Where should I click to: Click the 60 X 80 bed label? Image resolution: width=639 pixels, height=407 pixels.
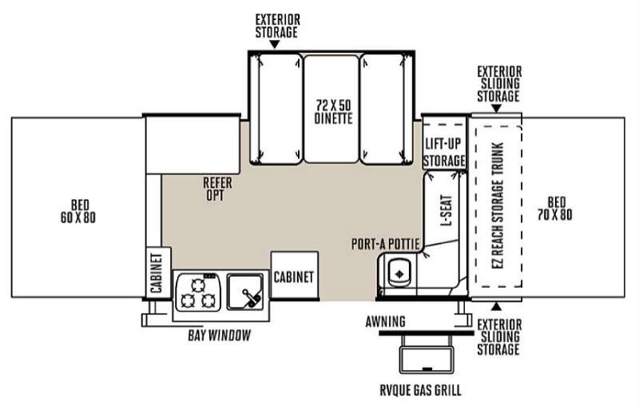77,211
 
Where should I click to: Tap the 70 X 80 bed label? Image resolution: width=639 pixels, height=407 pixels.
554,209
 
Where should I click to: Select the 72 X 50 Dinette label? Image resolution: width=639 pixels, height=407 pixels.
333,112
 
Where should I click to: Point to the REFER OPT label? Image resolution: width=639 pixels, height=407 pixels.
217,189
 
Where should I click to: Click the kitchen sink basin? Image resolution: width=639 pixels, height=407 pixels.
245,291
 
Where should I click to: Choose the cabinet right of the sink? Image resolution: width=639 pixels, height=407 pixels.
295,276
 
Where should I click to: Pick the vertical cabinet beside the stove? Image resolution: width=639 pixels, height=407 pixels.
158,273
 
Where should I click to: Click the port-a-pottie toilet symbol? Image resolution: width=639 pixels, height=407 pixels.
399,273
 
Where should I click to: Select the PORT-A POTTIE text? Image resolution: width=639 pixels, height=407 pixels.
386,244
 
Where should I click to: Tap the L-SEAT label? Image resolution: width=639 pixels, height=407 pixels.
447,210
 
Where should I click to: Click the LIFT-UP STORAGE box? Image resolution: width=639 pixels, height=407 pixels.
444,143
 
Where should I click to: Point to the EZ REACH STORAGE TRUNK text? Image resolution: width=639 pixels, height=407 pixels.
498,205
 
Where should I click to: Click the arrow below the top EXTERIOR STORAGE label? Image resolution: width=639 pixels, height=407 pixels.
275,45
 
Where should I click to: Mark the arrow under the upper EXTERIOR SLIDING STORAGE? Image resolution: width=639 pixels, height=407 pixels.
496,109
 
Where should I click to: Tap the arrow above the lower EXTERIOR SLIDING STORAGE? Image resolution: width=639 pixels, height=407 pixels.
496,307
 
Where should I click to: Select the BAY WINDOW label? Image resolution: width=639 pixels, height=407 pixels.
219,335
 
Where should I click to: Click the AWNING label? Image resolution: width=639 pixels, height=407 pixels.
385,321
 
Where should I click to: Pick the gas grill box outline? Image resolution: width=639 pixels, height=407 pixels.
427,359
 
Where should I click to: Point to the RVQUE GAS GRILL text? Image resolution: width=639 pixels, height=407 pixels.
421,390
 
